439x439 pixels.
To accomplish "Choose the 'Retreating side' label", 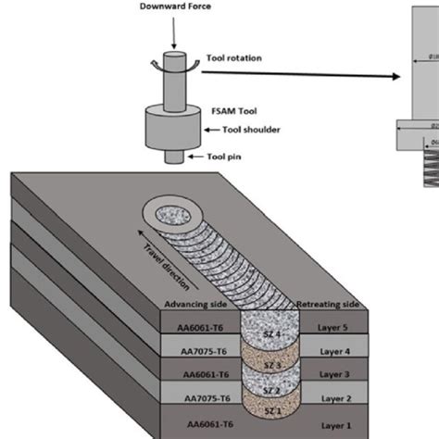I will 330,306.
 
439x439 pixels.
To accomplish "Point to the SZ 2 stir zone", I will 267,384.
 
